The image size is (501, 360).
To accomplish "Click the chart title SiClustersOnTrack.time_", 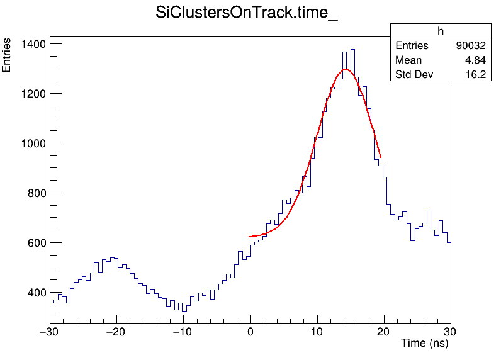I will coord(247,14).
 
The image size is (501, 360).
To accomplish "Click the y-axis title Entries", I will coord(7,55).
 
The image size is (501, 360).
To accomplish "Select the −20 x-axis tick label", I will coord(116,332).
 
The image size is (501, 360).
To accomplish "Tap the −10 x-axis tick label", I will coord(183,332).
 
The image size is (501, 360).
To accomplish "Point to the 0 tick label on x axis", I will coord(250,332).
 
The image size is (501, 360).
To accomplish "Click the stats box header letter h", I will coord(441,31).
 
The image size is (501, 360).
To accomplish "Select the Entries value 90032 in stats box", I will coord(470,46).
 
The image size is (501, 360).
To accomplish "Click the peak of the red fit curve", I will coord(346,69).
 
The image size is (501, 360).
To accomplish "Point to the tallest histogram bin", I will coord(352,50).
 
